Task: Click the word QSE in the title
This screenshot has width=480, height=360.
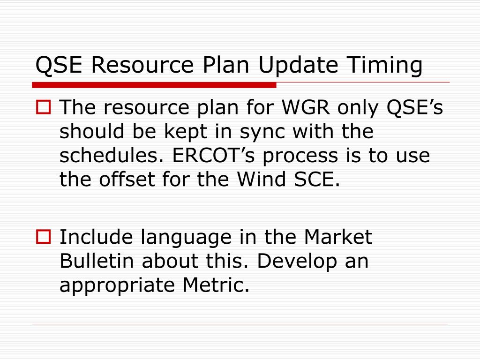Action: click(59, 65)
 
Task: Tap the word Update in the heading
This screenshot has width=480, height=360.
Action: click(298, 66)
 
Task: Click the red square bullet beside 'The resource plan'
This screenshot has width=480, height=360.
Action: click(44, 107)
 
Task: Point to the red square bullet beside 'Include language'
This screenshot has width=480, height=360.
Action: click(44, 237)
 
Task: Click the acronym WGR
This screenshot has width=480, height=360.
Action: click(306, 107)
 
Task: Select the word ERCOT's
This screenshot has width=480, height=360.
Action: click(214, 155)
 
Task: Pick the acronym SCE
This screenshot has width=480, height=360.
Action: click(317, 179)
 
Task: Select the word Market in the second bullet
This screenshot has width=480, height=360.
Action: click(338, 237)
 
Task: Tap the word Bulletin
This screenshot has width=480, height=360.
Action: click(97, 261)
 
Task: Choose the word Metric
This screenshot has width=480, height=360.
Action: click(216, 285)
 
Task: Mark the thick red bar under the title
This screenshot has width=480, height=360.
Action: click(154, 85)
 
